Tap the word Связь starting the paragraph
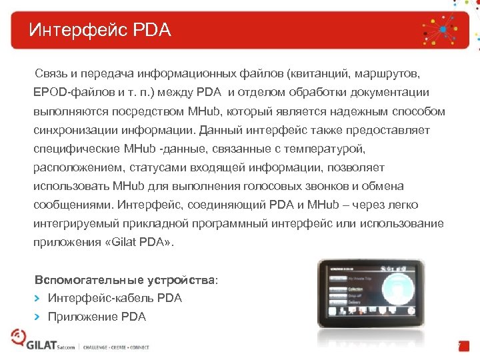pyautogui.click(x=52, y=72)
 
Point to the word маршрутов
pyautogui.click(x=392, y=72)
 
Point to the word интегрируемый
pyautogui.click(x=75, y=223)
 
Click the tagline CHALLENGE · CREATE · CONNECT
pyautogui.click(x=116, y=347)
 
